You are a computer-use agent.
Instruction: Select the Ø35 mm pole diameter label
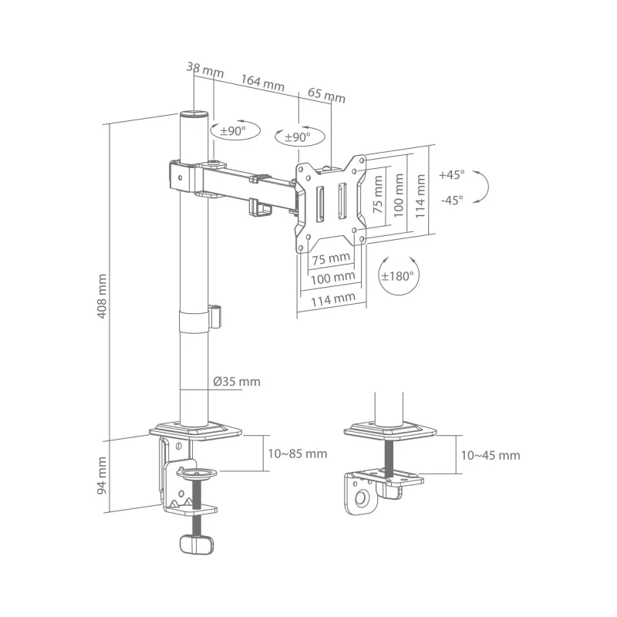click(x=237, y=382)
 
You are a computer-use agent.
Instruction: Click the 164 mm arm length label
click(x=262, y=83)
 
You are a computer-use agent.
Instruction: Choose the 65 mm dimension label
click(x=326, y=96)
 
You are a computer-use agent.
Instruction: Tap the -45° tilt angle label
click(x=451, y=200)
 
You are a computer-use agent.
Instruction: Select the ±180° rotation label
click(x=396, y=275)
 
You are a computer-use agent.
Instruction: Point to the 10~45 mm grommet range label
click(x=490, y=455)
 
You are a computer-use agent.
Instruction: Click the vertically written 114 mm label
click(x=420, y=195)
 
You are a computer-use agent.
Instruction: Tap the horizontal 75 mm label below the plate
click(x=331, y=257)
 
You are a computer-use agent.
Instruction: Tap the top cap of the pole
click(x=194, y=115)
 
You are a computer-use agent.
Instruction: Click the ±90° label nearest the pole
click(x=232, y=132)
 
